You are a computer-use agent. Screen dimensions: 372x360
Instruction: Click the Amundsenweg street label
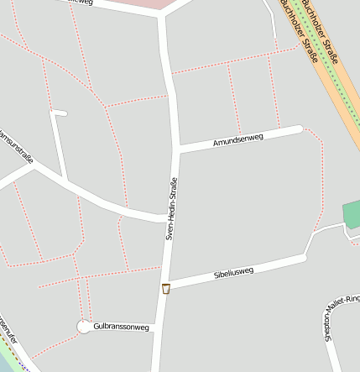239,139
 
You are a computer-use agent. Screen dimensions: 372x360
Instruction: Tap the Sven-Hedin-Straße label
170,209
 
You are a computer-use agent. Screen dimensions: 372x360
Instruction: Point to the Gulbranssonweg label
121,327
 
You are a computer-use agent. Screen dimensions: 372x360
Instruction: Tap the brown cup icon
166,289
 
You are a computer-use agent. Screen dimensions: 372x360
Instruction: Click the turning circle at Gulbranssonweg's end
84,327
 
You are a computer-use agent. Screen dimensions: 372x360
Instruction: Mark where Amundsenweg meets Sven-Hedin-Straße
177,149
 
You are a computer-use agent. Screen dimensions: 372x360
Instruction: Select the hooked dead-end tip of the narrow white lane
64,113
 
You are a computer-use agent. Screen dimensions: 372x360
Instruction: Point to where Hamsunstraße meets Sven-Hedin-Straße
165,218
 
